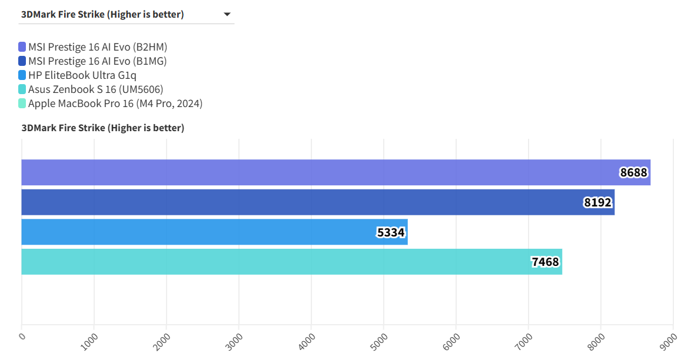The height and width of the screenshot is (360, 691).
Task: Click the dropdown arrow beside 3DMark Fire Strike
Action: click(x=227, y=15)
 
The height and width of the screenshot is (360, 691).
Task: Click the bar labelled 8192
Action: click(x=318, y=202)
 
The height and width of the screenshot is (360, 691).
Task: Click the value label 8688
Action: click(x=633, y=172)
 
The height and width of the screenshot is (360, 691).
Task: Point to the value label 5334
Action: click(x=391, y=232)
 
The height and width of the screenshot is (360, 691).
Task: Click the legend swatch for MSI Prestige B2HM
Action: click(x=22, y=47)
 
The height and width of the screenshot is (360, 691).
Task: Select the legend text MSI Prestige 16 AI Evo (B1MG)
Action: click(x=98, y=61)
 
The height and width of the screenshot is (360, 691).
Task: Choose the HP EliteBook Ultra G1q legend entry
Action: click(x=82, y=75)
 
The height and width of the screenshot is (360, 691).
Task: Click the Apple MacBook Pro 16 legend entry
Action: click(x=115, y=104)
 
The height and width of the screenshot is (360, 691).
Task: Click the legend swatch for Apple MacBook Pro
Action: click(x=22, y=104)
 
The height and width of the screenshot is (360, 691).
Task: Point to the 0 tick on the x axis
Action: click(x=22, y=336)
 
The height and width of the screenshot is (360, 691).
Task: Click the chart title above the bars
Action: click(x=103, y=128)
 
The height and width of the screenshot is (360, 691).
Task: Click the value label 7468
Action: click(x=545, y=262)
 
